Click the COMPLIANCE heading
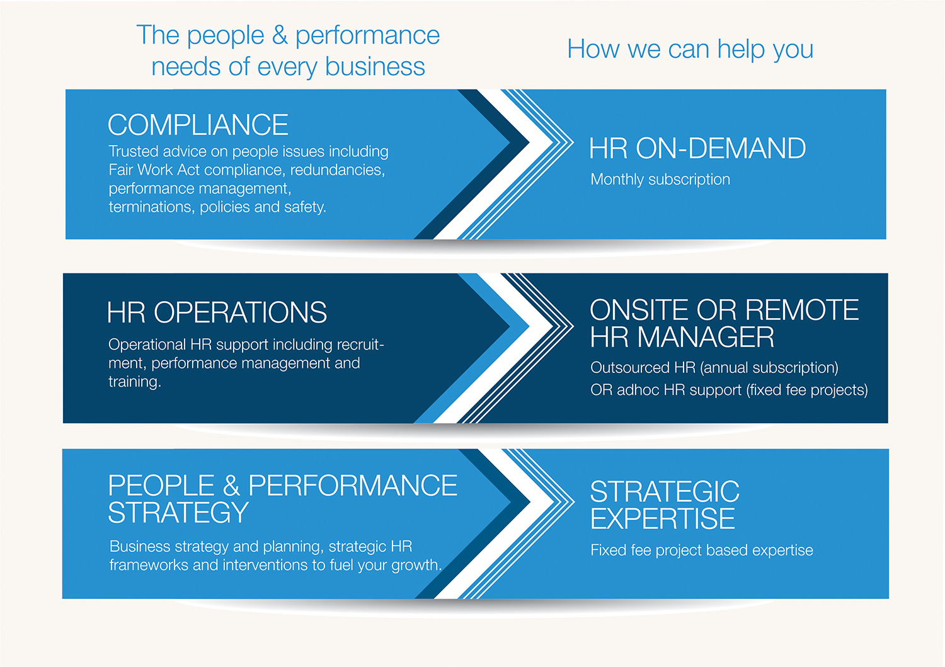tap(198, 125)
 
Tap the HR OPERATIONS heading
tap(217, 312)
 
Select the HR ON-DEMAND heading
tap(697, 149)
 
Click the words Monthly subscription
tap(660, 180)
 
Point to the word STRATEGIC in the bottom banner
tap(665, 491)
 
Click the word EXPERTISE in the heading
tap(662, 519)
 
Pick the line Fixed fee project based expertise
tap(701, 550)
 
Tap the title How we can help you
tap(690, 49)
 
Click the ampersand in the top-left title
tap(279, 35)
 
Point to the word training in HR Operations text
tap(134, 382)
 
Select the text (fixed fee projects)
tap(807, 390)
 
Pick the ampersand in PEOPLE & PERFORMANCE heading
tap(231, 486)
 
